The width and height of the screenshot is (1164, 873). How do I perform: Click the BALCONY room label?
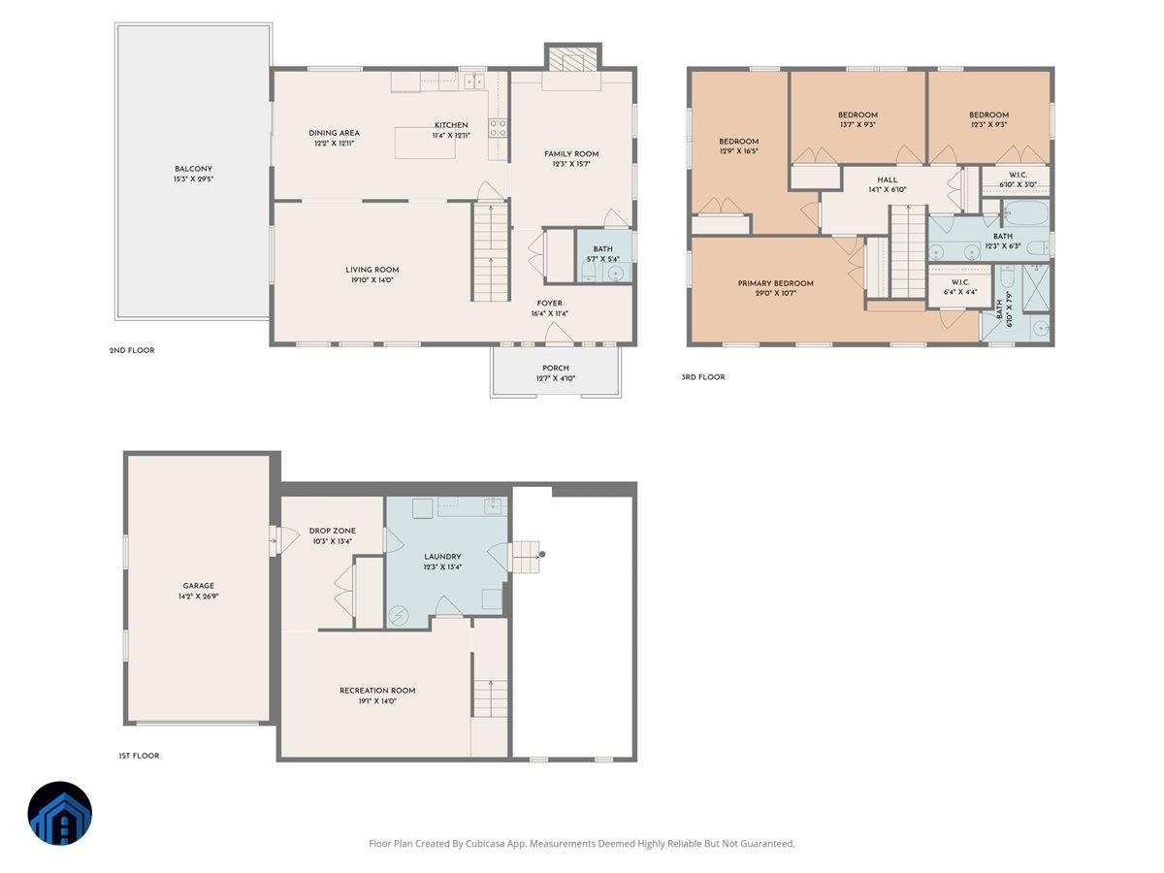(x=193, y=169)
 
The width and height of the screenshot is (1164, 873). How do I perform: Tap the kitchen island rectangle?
(x=425, y=142)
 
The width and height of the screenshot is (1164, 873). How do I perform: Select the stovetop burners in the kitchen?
(x=498, y=128)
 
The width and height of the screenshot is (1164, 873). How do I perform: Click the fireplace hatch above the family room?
(x=572, y=59)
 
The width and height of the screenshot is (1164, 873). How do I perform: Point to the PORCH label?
(x=555, y=368)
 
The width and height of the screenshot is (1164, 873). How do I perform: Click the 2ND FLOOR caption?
(x=132, y=350)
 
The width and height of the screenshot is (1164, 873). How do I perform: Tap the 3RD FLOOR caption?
(x=702, y=377)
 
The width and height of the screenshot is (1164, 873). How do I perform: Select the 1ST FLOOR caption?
(x=139, y=756)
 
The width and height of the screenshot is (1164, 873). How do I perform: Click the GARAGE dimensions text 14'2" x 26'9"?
(x=198, y=596)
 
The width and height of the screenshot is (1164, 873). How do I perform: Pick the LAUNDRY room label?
(x=442, y=557)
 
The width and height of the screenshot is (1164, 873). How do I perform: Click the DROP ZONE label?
(x=332, y=531)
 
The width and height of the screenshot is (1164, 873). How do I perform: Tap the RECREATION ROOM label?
(x=377, y=690)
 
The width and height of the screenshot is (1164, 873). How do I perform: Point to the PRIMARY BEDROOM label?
(x=775, y=283)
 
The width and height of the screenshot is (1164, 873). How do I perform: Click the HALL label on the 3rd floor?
(x=887, y=179)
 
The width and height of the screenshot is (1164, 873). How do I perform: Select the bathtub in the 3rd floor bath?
(x=1026, y=213)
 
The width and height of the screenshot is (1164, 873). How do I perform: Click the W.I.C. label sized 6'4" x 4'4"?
(x=960, y=282)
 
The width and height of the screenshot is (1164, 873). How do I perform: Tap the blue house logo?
(x=60, y=813)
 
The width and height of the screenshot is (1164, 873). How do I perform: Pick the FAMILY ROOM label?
(x=571, y=154)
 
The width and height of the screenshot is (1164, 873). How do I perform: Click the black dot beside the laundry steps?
(x=542, y=555)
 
